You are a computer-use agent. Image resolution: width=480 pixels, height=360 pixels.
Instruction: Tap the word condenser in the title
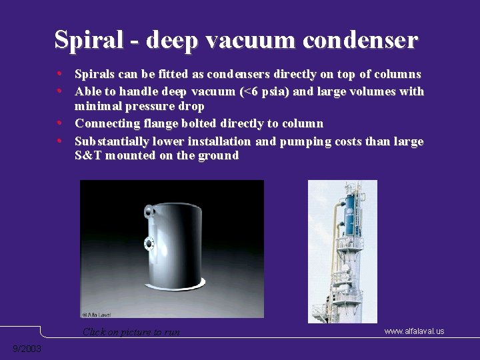pos(360,40)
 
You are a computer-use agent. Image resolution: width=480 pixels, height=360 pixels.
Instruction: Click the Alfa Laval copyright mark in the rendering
pos(97,313)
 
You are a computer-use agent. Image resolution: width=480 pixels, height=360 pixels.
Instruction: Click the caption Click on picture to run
pos(131,332)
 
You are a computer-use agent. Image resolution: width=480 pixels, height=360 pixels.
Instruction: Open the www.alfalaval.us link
pos(414,331)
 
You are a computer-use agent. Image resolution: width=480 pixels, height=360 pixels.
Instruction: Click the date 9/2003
pos(27,349)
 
